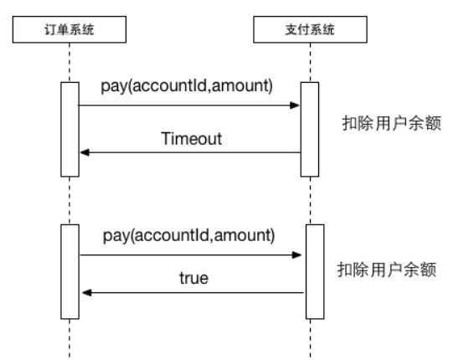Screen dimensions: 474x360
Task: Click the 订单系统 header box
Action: pyautogui.click(x=70, y=29)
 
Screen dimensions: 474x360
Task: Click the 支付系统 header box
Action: pyautogui.click(x=310, y=29)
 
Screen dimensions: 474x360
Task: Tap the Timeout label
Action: pyautogui.click(x=191, y=139)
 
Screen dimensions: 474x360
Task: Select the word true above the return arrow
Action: pyautogui.click(x=193, y=278)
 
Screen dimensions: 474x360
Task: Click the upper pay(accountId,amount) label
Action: pyautogui.click(x=187, y=86)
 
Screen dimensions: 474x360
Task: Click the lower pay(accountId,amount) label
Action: pyautogui.click(x=189, y=235)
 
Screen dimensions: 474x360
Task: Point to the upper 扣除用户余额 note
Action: pyautogui.click(x=392, y=123)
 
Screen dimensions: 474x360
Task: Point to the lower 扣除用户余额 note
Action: pyautogui.click(x=387, y=270)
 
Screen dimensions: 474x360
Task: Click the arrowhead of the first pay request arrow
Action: pyautogui.click(x=295, y=105)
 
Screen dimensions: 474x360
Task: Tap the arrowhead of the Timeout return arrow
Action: pyautogui.click(x=85, y=152)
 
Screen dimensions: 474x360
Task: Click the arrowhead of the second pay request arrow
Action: pyautogui.click(x=296, y=255)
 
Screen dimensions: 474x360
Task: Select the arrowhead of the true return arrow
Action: pyautogui.click(x=87, y=292)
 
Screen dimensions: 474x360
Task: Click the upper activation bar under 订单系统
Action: pyautogui.click(x=70, y=130)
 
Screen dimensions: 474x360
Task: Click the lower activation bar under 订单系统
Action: pyautogui.click(x=70, y=272)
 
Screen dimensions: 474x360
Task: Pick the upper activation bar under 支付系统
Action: pyautogui.click(x=310, y=130)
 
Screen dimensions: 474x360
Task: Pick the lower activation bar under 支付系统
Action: pyautogui.click(x=315, y=272)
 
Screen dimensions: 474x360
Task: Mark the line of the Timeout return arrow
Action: pyautogui.click(x=190, y=152)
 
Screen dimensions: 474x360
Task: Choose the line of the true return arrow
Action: pyautogui.click(x=193, y=292)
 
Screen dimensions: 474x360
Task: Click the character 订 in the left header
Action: pyautogui.click(x=50, y=29)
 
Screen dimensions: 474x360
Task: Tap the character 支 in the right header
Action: pyautogui.click(x=291, y=29)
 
